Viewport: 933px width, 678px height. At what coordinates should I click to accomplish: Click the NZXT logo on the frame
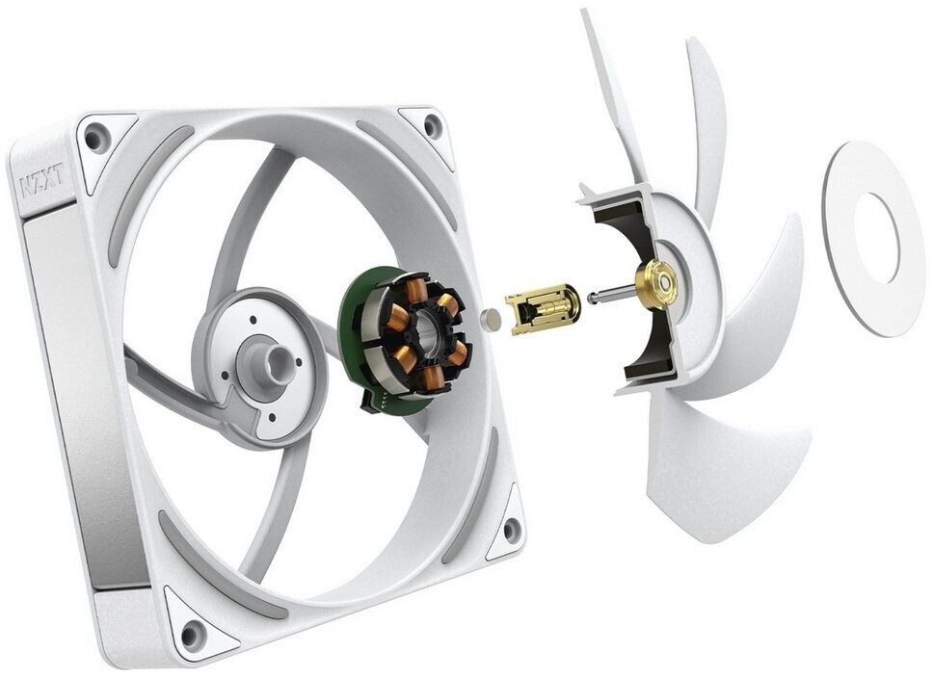pos(40,182)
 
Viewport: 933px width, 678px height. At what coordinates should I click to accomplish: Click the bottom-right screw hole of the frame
pos(511,529)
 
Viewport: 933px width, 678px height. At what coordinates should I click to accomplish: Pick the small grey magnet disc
pos(492,320)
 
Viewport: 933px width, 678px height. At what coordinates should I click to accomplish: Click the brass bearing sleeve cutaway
pos(542,310)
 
